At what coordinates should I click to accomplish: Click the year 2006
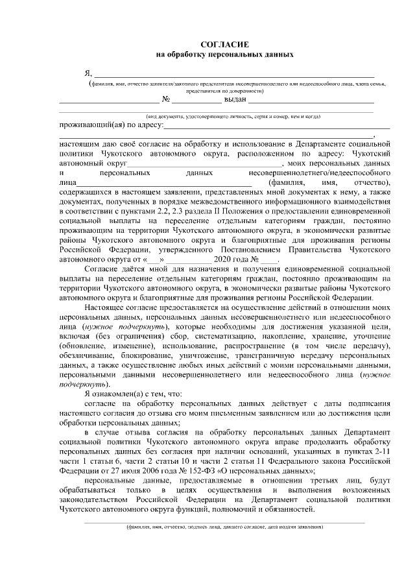pyautogui.click(x=151, y=469)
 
